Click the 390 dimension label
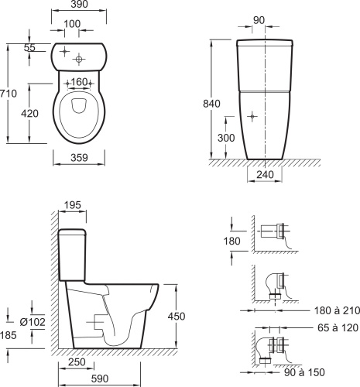(79, 4)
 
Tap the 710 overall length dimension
(9, 94)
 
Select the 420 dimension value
(29, 113)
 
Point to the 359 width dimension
(79, 158)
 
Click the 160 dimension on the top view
(79, 82)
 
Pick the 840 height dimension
(211, 104)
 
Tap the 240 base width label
(265, 175)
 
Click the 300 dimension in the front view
(226, 138)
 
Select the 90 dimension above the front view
(259, 20)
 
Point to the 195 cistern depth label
(72, 205)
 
